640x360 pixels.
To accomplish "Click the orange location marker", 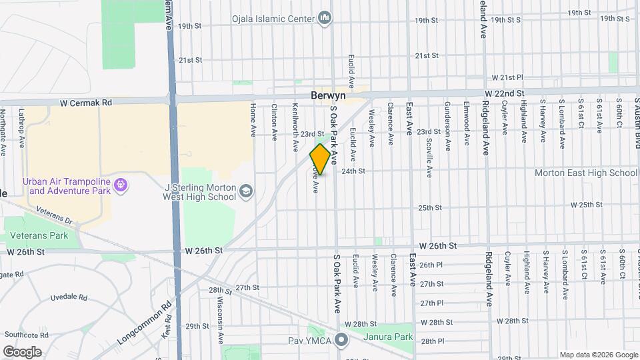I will [320, 159].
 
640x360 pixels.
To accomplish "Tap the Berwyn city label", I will [327, 96].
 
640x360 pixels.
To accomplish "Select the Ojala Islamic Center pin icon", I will [325, 17].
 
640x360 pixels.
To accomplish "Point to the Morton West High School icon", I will [246, 192].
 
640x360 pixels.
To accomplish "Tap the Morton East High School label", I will [586, 173].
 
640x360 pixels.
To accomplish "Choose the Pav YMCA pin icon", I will [342, 341].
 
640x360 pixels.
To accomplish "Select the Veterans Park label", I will [39, 236].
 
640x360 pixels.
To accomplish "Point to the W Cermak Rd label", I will [86, 103].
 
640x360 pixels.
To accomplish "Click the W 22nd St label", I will [505, 93].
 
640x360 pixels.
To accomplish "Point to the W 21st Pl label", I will [508, 77].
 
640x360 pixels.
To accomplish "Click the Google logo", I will [22, 351].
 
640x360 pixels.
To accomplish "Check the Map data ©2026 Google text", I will [598, 355].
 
